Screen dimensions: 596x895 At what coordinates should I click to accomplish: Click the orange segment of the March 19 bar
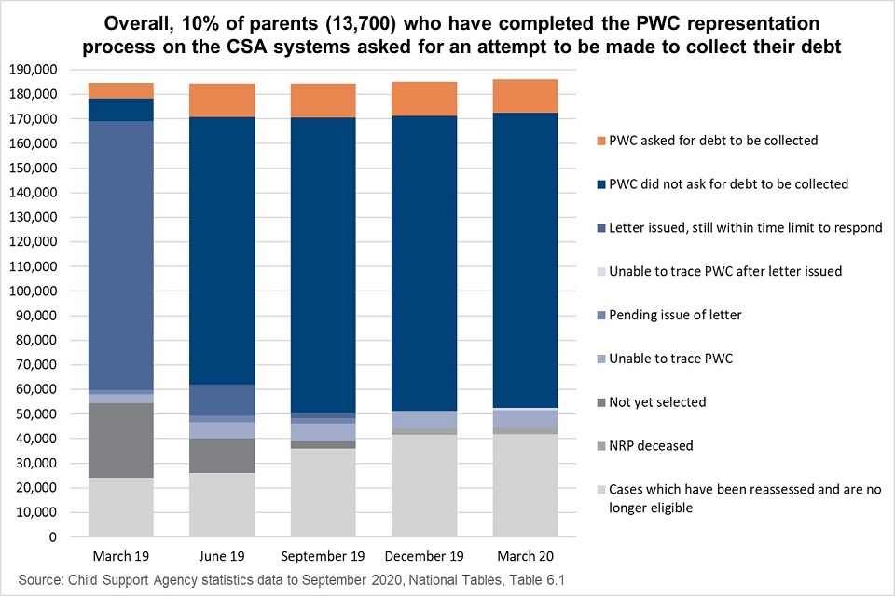(x=121, y=90)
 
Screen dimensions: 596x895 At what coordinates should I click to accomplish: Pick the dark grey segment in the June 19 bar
(x=222, y=455)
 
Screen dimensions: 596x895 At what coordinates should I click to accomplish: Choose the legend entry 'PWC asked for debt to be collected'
(x=713, y=141)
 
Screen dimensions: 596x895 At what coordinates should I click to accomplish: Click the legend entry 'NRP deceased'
(x=651, y=445)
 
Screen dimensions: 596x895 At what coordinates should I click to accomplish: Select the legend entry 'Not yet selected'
(x=657, y=402)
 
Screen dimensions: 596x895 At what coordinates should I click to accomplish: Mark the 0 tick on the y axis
(x=52, y=537)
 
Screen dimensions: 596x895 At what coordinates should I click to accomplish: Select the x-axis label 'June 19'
(x=222, y=556)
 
